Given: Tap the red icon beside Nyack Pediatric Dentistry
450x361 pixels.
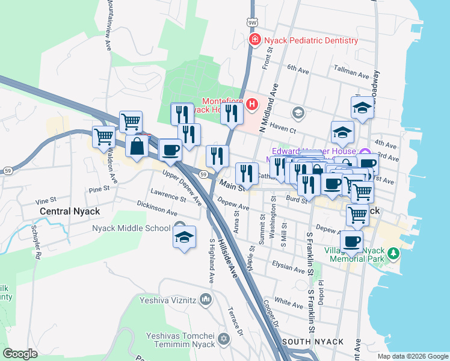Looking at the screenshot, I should pos(255,40).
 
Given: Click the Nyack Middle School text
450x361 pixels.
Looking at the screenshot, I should pos(131,228).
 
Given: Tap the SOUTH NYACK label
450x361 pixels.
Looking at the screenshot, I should pos(318,342).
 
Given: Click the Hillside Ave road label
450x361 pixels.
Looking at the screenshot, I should pos(229,260).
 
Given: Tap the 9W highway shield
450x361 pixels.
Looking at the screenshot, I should pos(251,22).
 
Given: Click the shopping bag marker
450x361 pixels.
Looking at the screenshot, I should pos(138,147).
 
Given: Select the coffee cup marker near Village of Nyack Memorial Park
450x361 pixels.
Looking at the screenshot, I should pos(351,242).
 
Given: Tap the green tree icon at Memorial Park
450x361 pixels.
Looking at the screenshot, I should pos(393,253).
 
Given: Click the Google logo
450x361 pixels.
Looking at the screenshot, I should pos(20,354).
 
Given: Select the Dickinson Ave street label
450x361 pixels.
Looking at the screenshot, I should pos(157,212).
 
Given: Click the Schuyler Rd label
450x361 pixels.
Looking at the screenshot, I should pos(37,242).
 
